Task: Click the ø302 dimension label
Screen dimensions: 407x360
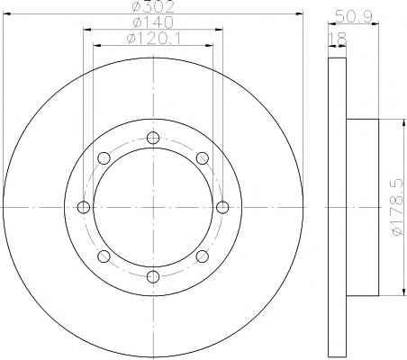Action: (x=153, y=6)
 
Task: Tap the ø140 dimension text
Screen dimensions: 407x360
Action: (x=153, y=22)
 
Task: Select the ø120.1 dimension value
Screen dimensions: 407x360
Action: (x=154, y=38)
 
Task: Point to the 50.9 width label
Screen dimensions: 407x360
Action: (x=354, y=16)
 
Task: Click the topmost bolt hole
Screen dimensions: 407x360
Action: (x=153, y=138)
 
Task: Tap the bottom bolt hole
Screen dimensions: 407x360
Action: (x=153, y=276)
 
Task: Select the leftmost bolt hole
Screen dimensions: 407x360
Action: (x=84, y=207)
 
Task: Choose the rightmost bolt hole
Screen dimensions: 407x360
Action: (x=222, y=207)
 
